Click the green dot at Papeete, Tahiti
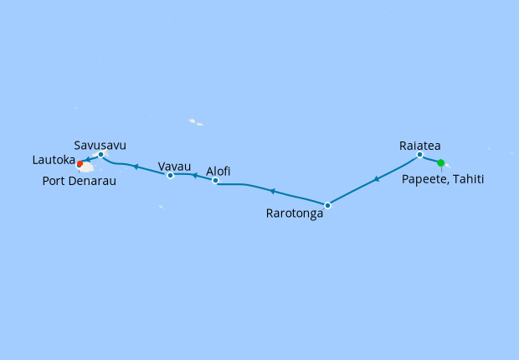(441, 162)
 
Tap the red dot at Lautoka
(80, 164)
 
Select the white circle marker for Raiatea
(419, 155)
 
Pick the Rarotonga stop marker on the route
(327, 205)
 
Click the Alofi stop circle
(215, 181)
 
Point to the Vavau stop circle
(170, 175)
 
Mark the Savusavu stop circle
(100, 154)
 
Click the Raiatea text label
(419, 144)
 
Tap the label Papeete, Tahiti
(443, 179)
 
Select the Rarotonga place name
(294, 213)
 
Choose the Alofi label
(218, 171)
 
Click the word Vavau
(173, 165)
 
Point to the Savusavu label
(100, 144)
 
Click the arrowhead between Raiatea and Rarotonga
(376, 179)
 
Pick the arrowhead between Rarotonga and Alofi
(271, 191)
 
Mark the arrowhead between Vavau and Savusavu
(135, 167)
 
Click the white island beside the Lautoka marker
(87, 167)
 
